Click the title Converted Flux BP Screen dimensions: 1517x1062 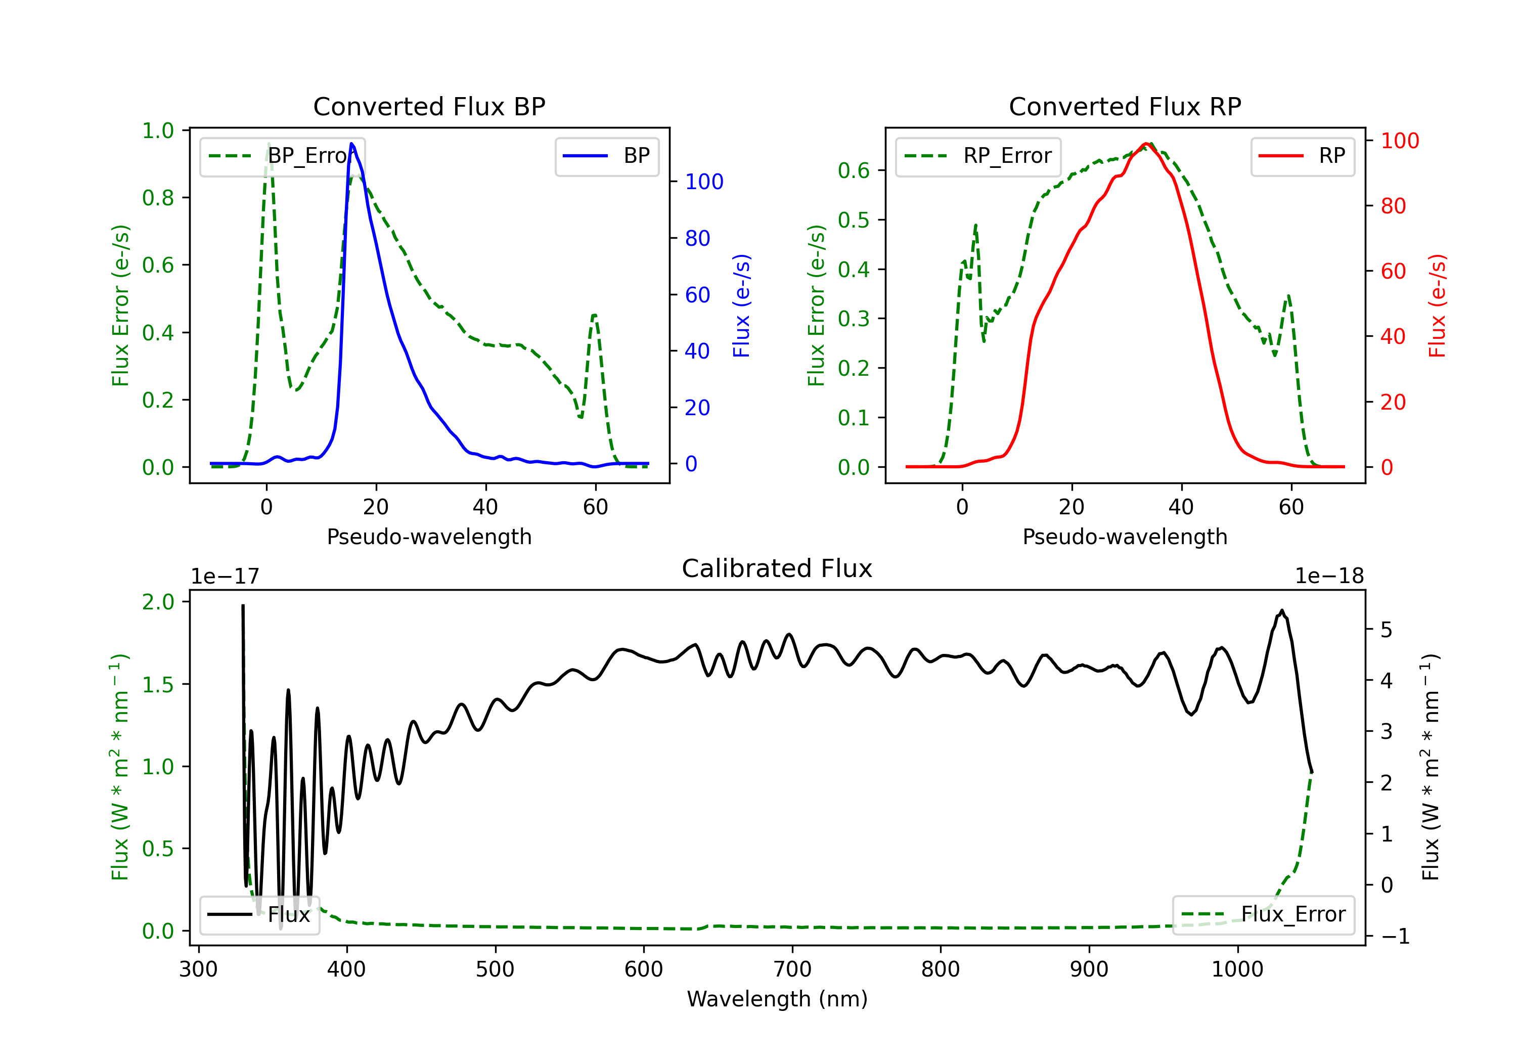pyautogui.click(x=429, y=106)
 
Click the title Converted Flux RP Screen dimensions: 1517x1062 pyautogui.click(x=1125, y=106)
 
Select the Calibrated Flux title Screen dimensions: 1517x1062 pyautogui.click(x=777, y=568)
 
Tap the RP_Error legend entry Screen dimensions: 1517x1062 pyautogui.click(x=978, y=156)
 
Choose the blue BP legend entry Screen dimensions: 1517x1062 pyautogui.click(x=606, y=156)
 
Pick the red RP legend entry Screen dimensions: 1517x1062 pyautogui.click(x=1302, y=156)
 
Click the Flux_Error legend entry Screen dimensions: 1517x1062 pyautogui.click(x=1263, y=915)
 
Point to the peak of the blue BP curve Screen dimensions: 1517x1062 pyautogui.click(x=351, y=144)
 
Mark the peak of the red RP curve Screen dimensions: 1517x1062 pyautogui.click(x=1146, y=144)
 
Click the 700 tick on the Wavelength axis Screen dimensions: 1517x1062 pyautogui.click(x=792, y=969)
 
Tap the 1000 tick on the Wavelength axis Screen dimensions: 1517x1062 pyautogui.click(x=1237, y=969)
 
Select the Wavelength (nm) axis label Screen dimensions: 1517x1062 pyautogui.click(x=777, y=999)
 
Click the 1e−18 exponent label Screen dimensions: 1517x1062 pyautogui.click(x=1329, y=577)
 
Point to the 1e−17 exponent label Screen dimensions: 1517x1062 pyautogui.click(x=226, y=577)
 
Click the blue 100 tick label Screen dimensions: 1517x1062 pyautogui.click(x=704, y=182)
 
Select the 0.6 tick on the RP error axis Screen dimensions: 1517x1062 pyautogui.click(x=854, y=170)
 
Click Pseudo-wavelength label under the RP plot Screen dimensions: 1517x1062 pyautogui.click(x=1125, y=537)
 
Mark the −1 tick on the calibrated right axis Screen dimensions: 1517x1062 pyautogui.click(x=1395, y=937)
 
